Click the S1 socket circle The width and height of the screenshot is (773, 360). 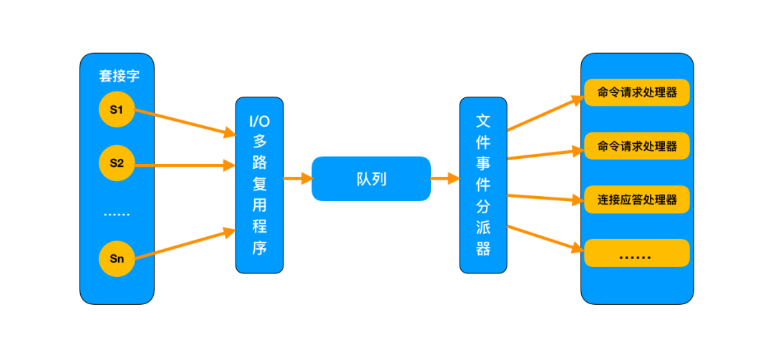[117, 110]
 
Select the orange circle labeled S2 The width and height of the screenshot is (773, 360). [117, 164]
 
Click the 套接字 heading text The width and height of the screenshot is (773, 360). [118, 76]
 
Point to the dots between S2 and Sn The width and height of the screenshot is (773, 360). [117, 213]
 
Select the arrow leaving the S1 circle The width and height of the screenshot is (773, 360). [185, 122]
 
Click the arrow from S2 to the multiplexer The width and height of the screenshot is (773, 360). [185, 165]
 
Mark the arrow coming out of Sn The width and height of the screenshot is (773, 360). [185, 244]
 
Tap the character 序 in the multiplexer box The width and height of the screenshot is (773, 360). [259, 249]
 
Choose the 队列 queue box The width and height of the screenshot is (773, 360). [371, 179]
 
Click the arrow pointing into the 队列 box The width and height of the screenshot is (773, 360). [297, 179]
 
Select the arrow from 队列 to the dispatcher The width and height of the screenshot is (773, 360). [444, 179]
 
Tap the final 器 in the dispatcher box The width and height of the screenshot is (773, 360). [484, 248]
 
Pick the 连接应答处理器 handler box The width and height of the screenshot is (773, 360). [636, 200]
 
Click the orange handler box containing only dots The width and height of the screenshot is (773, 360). [636, 253]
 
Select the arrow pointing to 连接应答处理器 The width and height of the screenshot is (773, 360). [544, 198]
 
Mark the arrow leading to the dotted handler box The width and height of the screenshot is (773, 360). [544, 238]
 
